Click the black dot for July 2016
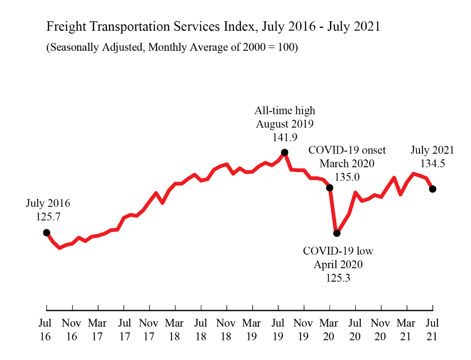pyautogui.click(x=47, y=233)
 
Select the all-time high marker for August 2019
pyautogui.click(x=285, y=152)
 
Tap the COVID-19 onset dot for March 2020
pyautogui.click(x=330, y=188)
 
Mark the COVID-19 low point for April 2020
pyautogui.click(x=337, y=233)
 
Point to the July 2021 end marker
pyautogui.click(x=432, y=189)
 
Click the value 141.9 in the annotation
pyautogui.click(x=284, y=138)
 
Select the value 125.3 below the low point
pyautogui.click(x=338, y=278)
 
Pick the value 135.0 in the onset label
pyautogui.click(x=347, y=177)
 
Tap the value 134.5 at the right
pyautogui.click(x=432, y=164)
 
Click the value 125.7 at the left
pyautogui.click(x=48, y=217)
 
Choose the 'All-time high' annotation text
pyautogui.click(x=284, y=111)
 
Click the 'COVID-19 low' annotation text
pyautogui.click(x=338, y=251)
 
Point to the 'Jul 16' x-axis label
pyautogui.click(x=45, y=330)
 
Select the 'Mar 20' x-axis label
pyautogui.click(x=329, y=330)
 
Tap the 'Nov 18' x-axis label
pyautogui.click(x=226, y=330)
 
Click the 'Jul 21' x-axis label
pyautogui.click(x=432, y=330)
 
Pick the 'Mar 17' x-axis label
pyautogui.click(x=98, y=330)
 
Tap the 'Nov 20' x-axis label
pyautogui.click(x=381, y=330)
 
